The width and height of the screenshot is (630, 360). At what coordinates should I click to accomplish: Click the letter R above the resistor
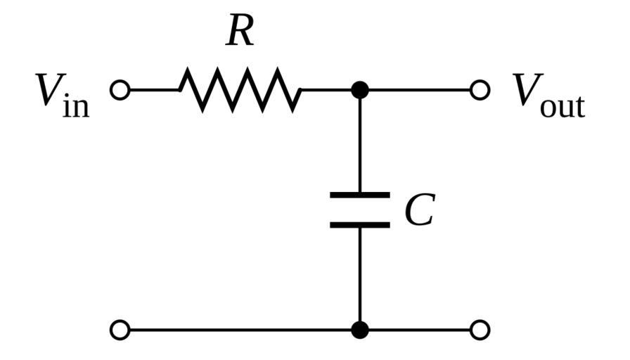point(240,32)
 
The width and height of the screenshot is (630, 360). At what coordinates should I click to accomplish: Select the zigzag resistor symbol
point(240,90)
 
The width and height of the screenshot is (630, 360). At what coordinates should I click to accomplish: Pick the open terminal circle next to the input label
point(120,90)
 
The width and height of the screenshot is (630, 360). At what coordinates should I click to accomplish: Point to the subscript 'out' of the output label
point(562,105)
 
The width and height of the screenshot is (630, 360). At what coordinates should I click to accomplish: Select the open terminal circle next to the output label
point(480,90)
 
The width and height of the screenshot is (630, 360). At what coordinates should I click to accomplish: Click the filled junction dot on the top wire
point(360,90)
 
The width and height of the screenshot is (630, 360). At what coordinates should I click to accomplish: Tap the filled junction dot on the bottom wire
point(360,329)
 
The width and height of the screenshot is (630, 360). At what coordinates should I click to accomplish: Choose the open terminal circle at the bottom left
point(120,329)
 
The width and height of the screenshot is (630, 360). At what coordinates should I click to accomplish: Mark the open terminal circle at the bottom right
point(480,329)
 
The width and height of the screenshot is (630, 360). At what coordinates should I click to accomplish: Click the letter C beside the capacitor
point(420,210)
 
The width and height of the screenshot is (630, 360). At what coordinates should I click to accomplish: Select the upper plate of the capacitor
point(360,195)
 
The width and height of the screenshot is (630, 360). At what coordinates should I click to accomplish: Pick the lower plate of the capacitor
point(360,225)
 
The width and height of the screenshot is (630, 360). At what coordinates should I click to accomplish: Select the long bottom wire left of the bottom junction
point(239,329)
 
